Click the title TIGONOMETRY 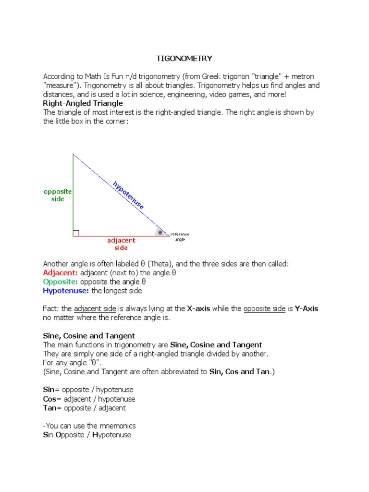tap(184, 59)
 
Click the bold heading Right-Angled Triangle tap(83, 103)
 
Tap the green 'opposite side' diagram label tap(58, 195)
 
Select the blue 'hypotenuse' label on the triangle tap(128, 195)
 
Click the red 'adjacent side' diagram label tap(121, 244)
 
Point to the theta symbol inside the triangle tap(160, 233)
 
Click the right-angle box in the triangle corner tap(76, 233)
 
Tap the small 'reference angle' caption tap(180, 237)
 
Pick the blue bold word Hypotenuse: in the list tap(66, 291)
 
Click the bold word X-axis tap(198, 309)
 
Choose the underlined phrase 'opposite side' tap(264, 309)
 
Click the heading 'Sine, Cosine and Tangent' tap(89, 336)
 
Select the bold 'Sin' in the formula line tap(49, 390)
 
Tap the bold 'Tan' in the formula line tap(49, 408)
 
